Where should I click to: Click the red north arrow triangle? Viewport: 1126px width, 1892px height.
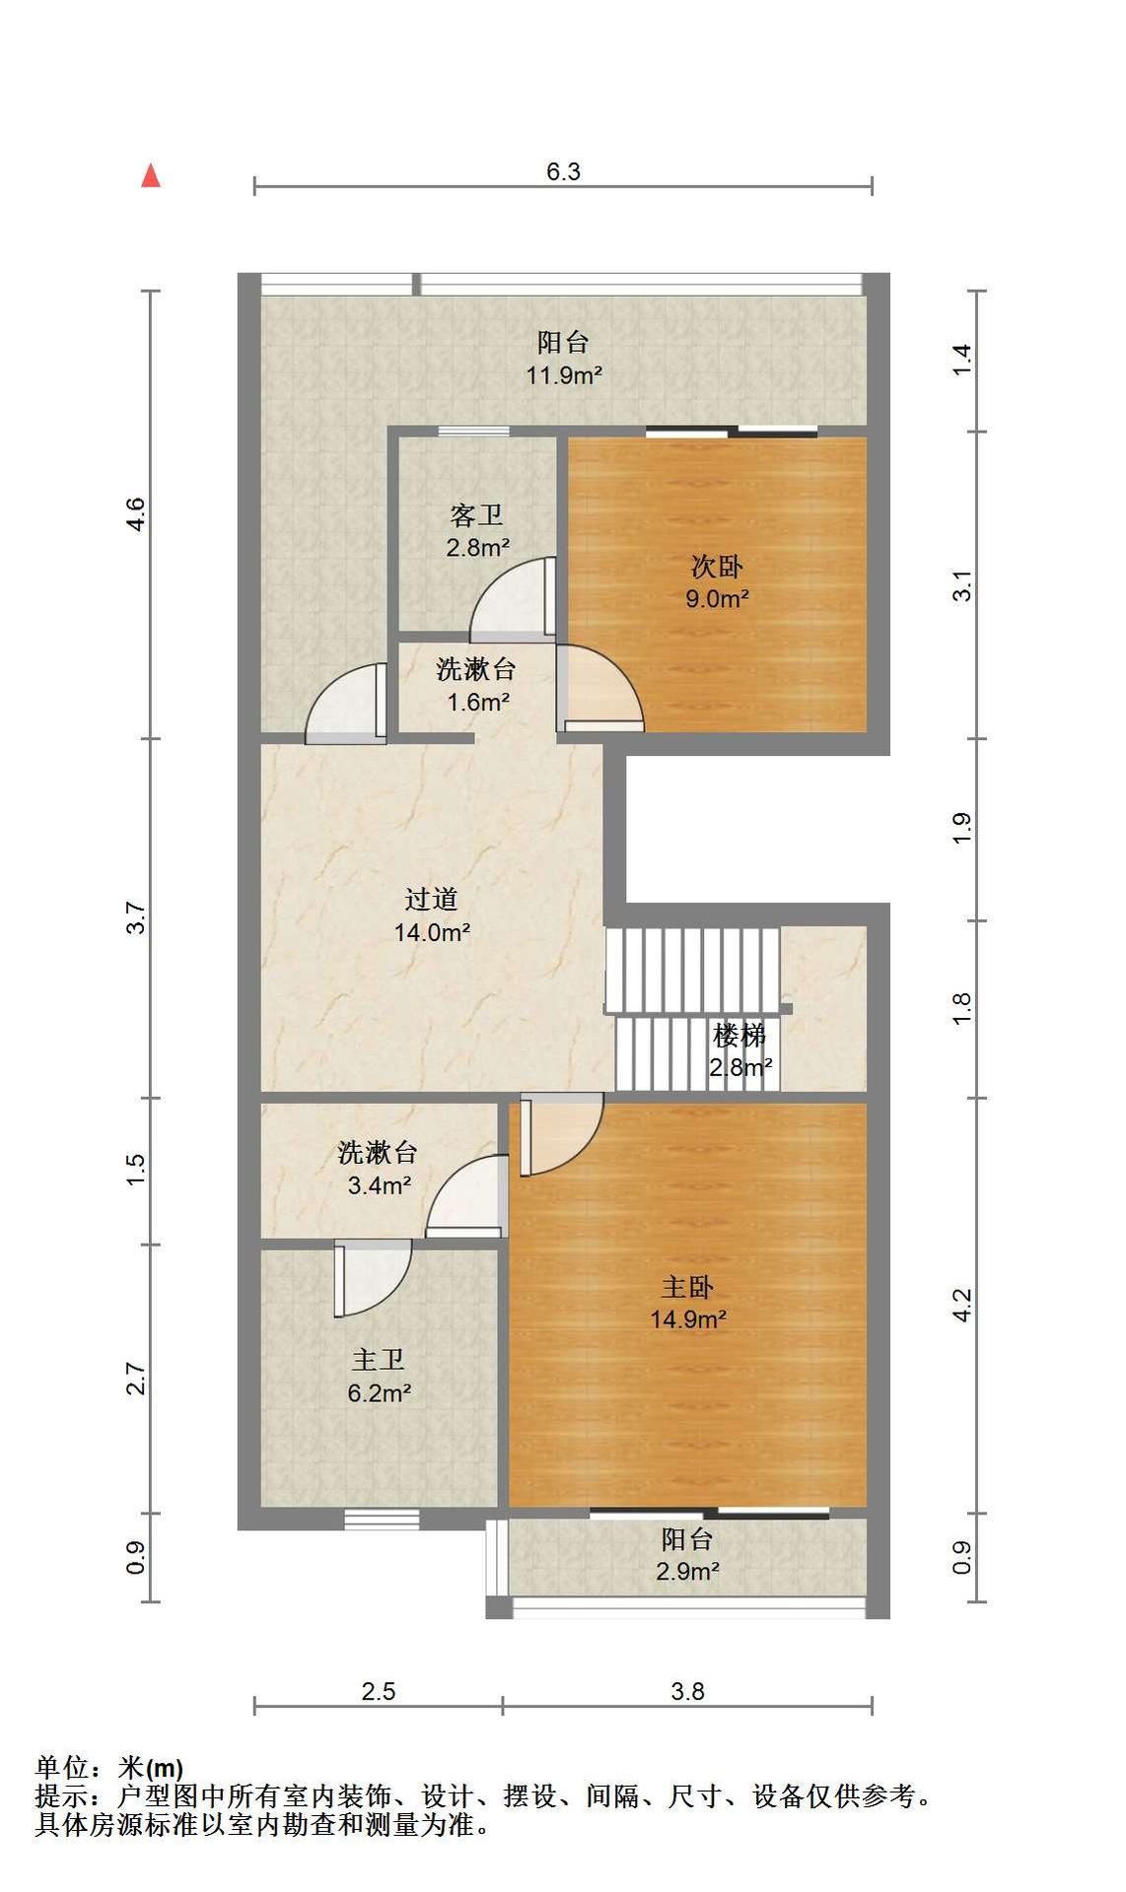(x=150, y=175)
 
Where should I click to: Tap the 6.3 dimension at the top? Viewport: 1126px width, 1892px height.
(x=563, y=171)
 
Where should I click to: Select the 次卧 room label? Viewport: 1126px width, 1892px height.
(x=717, y=566)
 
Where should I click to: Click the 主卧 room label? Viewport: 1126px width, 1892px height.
(x=687, y=1287)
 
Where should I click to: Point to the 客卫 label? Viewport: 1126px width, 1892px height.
(x=477, y=514)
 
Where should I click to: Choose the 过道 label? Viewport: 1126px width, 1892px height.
(x=432, y=899)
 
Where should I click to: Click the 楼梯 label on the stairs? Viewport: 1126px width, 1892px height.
(x=739, y=1035)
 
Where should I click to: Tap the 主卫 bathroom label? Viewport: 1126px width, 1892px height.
(x=379, y=1360)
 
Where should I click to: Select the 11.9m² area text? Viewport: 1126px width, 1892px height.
(x=564, y=374)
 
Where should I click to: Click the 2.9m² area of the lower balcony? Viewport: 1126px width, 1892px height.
(x=687, y=1571)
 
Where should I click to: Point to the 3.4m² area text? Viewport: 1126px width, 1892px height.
(x=380, y=1184)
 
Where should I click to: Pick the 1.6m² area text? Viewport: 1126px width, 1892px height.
(x=478, y=702)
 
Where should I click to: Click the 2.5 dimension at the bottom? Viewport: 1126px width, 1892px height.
(x=379, y=1691)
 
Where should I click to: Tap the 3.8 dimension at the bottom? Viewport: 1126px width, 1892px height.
(x=687, y=1691)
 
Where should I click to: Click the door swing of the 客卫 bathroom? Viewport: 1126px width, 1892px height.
(x=513, y=599)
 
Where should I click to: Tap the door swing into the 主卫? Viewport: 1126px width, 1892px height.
(x=373, y=1277)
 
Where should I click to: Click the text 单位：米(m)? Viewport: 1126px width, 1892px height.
(x=109, y=1768)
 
